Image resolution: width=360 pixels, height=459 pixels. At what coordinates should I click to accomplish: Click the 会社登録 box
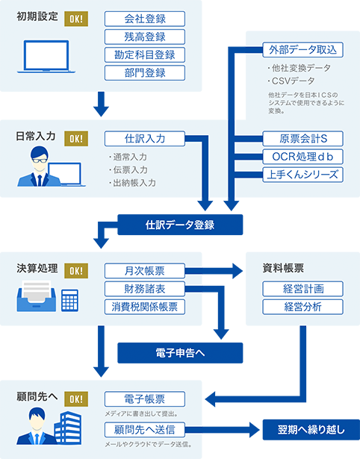[145, 19]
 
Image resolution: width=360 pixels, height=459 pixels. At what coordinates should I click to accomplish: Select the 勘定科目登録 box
[145, 54]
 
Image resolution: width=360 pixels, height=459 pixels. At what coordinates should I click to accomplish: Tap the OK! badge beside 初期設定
[76, 19]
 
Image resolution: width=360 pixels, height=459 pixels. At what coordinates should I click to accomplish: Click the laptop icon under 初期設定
[46, 57]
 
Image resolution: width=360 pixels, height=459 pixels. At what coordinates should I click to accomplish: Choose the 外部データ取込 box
[303, 50]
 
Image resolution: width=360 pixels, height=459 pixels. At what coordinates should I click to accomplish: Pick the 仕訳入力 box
[145, 139]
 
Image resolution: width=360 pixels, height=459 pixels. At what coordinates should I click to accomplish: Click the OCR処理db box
[303, 157]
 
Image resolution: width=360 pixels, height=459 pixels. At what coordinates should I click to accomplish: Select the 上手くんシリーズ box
[303, 175]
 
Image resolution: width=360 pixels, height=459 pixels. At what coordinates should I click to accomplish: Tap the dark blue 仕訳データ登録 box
[180, 225]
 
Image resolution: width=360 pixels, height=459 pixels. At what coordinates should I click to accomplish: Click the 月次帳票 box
[145, 271]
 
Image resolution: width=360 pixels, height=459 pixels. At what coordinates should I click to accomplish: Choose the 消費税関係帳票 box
[145, 307]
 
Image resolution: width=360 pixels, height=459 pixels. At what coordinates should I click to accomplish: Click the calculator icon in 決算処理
[69, 300]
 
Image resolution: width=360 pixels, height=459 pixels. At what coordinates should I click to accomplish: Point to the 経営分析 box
[303, 307]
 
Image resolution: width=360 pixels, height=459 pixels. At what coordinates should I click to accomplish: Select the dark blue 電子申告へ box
[180, 353]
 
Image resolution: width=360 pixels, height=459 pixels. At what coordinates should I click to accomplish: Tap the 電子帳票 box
[145, 399]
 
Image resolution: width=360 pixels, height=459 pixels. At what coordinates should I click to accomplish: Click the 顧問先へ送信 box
[145, 429]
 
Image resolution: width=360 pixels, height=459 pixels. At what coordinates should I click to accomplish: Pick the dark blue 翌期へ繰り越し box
[311, 430]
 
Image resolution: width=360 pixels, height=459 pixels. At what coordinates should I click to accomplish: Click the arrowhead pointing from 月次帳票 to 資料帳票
[238, 271]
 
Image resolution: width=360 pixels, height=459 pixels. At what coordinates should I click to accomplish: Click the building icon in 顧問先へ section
[68, 428]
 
